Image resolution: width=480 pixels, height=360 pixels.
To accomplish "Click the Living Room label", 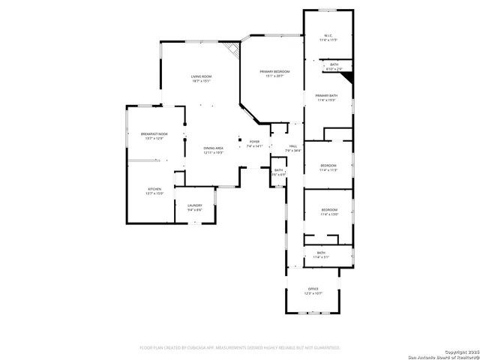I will click(x=200, y=76).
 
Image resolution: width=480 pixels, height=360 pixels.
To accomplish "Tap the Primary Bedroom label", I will click(x=274, y=71).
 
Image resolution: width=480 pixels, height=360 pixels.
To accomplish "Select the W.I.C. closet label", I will click(x=328, y=35).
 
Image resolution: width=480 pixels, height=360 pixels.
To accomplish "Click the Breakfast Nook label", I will click(x=154, y=133).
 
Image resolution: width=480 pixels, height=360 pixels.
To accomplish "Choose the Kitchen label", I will click(x=154, y=188).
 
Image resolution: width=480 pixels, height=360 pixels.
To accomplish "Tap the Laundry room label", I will click(x=194, y=205).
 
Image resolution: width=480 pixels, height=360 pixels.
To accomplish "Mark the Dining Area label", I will click(x=213, y=148).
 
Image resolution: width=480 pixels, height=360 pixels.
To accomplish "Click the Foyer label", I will click(x=254, y=141).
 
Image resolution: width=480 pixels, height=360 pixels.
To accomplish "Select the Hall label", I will click(x=292, y=146).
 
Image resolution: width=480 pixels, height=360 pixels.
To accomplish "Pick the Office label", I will click(x=313, y=289).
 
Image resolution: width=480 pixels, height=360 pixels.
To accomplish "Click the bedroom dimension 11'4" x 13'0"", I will click(x=329, y=214).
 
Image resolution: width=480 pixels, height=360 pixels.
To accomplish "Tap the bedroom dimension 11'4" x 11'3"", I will click(x=329, y=170).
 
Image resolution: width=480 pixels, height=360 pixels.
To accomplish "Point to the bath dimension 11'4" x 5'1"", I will click(x=321, y=257).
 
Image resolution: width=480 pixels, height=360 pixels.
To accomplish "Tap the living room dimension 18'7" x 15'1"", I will click(x=200, y=82).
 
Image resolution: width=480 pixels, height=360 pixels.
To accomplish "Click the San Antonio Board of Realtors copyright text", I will click(x=442, y=355).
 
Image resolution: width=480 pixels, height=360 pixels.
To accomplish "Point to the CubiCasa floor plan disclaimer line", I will click(x=240, y=347).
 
